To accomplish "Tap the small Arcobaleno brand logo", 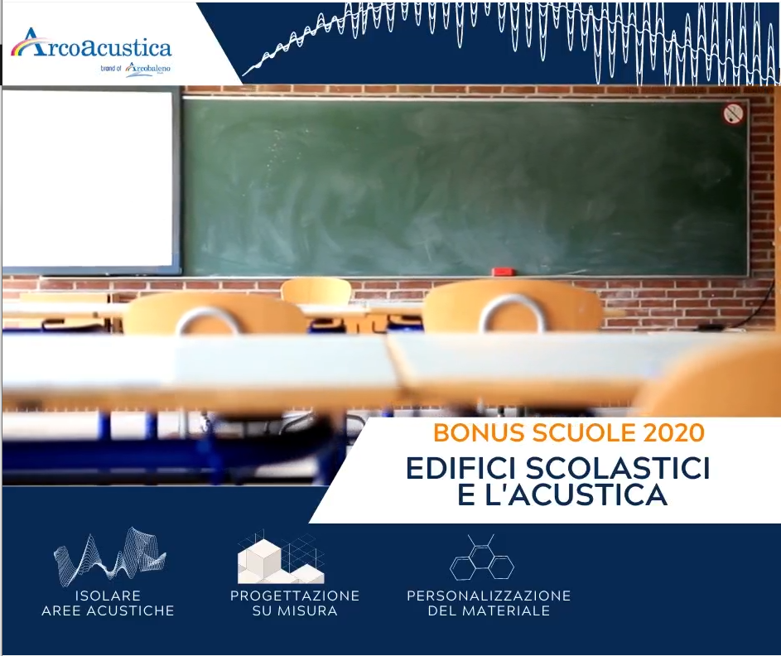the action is click(147, 69).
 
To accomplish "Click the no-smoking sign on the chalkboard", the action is click(733, 113).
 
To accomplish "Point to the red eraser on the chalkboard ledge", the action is click(503, 272).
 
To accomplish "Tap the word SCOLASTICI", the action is click(618, 468).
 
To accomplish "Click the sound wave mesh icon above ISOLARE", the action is click(109, 557).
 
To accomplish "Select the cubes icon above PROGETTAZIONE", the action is click(281, 557).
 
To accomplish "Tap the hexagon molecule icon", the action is click(482, 558).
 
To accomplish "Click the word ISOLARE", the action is click(108, 596).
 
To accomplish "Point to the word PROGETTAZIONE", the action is click(295, 596).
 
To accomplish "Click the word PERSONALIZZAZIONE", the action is click(489, 596).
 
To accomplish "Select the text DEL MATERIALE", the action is click(489, 610).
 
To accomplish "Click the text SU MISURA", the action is click(295, 610).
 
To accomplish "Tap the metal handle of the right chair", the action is click(512, 309).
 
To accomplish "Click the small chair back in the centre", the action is click(316, 292).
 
